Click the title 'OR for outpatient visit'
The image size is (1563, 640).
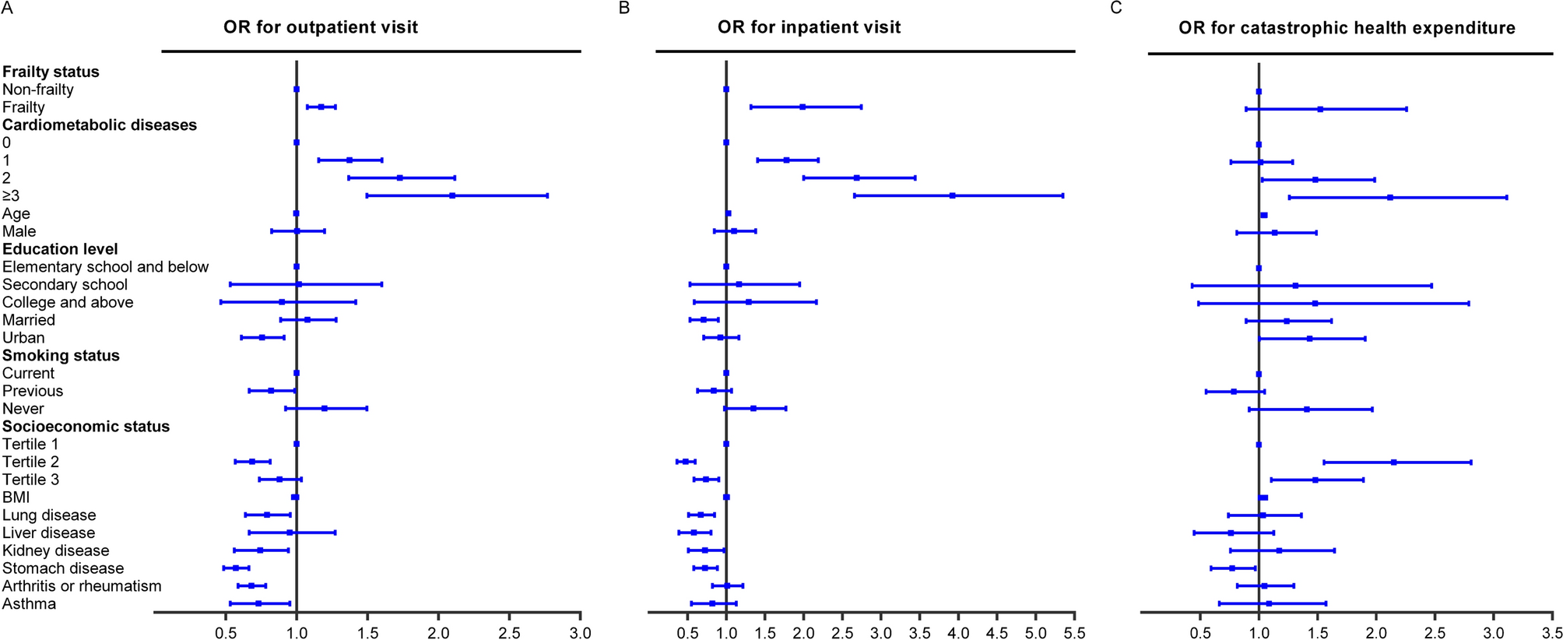click(x=321, y=27)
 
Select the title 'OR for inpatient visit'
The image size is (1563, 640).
click(x=809, y=27)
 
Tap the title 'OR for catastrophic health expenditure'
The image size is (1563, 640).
click(x=1347, y=28)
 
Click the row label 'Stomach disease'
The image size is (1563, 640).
click(x=63, y=568)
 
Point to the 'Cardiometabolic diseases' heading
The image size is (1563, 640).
click(x=100, y=125)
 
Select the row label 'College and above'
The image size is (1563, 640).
click(x=68, y=302)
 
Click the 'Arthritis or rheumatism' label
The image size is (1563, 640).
click(x=82, y=586)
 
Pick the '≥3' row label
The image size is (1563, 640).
click(x=11, y=196)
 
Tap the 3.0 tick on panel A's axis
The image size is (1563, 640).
click(x=581, y=632)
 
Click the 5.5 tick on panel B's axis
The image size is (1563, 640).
click(x=1074, y=632)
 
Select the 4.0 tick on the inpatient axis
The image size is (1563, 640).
click(x=958, y=632)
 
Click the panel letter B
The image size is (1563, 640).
click(x=623, y=8)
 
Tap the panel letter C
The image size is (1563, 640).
click(x=1116, y=8)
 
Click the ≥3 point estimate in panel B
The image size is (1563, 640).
click(x=953, y=195)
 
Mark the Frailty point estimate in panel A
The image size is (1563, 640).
click(x=321, y=107)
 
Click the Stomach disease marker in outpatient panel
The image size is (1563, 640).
click(x=236, y=568)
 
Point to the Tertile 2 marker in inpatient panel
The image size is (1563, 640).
click(x=685, y=462)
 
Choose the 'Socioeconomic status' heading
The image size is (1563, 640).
click(x=86, y=427)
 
